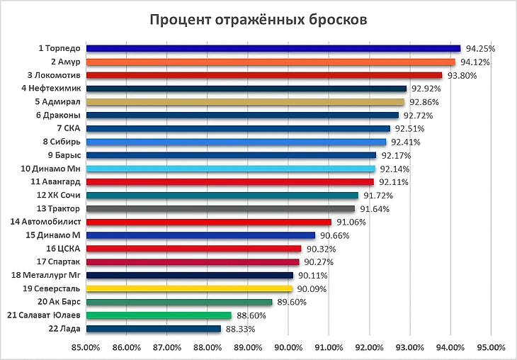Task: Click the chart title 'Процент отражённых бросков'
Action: [x=258, y=19]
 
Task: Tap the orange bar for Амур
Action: [x=270, y=62]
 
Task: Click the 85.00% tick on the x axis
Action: [x=85, y=347]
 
